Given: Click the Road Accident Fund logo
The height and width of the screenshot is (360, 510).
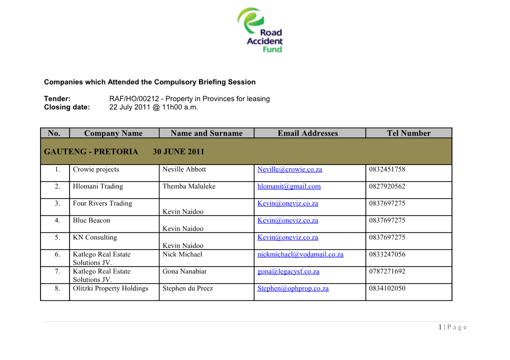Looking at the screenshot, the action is click(260, 30).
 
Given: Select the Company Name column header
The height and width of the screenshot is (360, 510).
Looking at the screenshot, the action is click(113, 133).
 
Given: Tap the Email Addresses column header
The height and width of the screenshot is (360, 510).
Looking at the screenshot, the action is click(307, 133).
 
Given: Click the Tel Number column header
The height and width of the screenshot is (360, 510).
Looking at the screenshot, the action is click(408, 133).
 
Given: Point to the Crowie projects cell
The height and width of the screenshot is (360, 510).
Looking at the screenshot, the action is click(96, 169).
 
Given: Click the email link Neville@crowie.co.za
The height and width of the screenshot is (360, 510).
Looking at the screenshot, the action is click(289, 169).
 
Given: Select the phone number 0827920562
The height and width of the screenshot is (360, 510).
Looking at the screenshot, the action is click(387, 186).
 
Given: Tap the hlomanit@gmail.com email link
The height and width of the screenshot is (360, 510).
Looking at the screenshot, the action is click(289, 186).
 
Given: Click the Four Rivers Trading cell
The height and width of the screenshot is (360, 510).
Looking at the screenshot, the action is click(102, 203).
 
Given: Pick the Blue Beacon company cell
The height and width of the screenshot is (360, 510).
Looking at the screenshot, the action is click(91, 220).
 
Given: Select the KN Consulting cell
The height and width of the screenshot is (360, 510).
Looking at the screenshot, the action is click(95, 237).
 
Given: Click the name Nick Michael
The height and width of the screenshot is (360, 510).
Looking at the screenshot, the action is click(182, 254).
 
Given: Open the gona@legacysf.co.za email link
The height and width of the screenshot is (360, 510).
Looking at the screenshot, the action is click(288, 271).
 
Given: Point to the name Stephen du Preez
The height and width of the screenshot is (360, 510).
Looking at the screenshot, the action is click(187, 288).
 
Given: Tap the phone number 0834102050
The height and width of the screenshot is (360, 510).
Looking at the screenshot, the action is click(387, 288).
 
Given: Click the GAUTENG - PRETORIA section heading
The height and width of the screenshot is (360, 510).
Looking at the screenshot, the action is click(91, 151).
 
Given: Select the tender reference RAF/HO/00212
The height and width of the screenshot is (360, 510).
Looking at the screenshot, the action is click(133, 98).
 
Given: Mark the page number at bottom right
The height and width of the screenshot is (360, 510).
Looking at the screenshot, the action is click(452, 327).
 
